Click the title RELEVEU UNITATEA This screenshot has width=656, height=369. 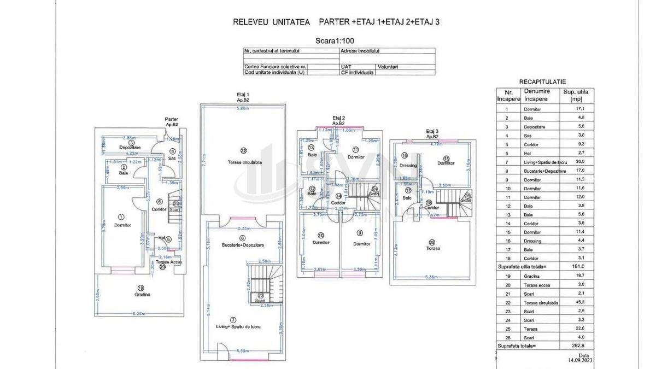tap(271, 22)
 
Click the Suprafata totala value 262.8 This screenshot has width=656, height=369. tap(572, 345)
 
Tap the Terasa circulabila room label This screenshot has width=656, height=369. tap(245, 162)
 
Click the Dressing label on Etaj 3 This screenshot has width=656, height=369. tap(408, 166)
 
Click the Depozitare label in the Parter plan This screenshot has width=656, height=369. tap(130, 148)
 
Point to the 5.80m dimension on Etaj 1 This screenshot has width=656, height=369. tap(243, 108)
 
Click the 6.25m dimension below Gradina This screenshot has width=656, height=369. tap(138, 314)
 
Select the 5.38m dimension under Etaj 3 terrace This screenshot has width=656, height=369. tap(431, 278)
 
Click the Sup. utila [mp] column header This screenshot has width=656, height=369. tap(576, 95)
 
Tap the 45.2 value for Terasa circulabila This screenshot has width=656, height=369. tap(572, 302)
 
